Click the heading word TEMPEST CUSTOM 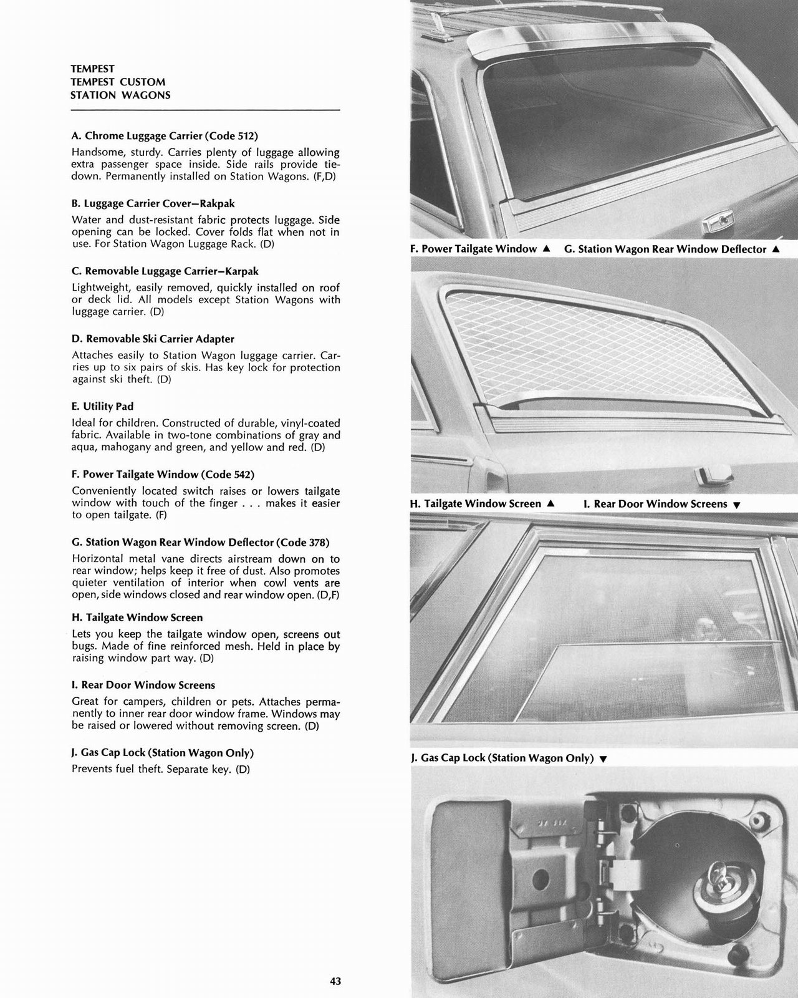118,82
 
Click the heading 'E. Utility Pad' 103,407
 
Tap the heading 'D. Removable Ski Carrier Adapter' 153,339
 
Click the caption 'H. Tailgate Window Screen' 476,503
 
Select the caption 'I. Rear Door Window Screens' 655,503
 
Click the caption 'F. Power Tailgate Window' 473,249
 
